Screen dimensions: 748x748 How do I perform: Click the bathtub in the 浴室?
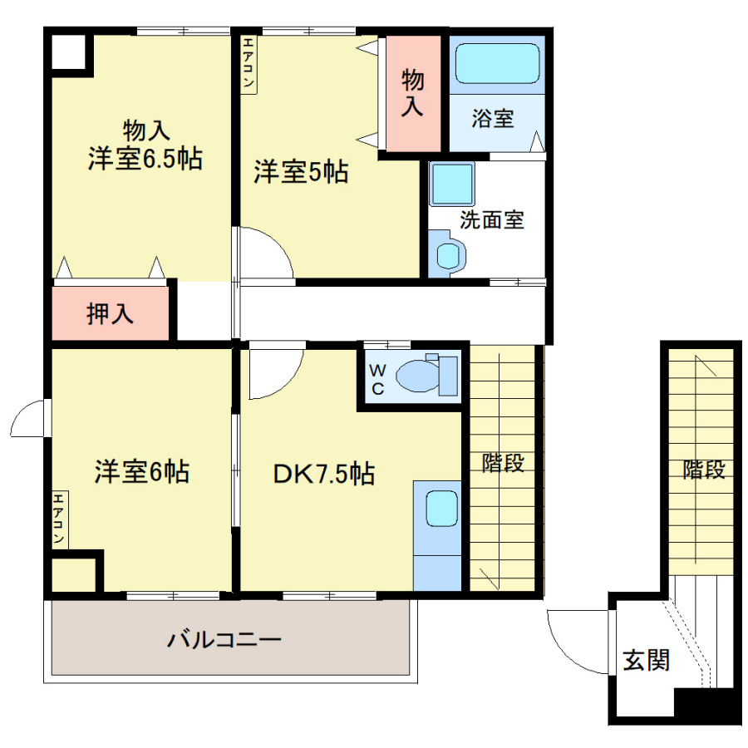498,63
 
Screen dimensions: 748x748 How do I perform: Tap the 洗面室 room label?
492,220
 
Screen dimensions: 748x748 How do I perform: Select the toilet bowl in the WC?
418,376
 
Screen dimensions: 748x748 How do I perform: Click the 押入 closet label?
110,313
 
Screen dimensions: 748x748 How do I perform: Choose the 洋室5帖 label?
301,172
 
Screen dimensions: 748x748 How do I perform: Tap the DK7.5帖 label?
324,474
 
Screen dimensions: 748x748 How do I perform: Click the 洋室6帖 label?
141,471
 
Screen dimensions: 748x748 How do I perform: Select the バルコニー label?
224,639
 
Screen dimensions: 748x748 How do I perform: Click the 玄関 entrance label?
647,660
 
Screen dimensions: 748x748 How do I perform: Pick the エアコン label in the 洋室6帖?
59,519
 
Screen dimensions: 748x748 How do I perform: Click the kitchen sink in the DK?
442,509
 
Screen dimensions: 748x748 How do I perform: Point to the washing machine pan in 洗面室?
452,184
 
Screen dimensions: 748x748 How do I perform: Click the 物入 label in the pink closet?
412,92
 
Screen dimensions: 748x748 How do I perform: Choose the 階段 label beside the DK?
504,463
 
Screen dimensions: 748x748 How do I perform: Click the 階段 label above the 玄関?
704,470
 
